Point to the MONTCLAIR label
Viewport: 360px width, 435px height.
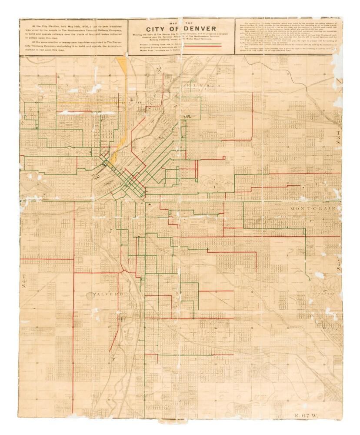313,209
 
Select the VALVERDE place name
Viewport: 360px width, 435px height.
110,294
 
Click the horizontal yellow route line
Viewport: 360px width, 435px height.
87,103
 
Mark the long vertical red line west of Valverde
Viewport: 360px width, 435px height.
73,304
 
